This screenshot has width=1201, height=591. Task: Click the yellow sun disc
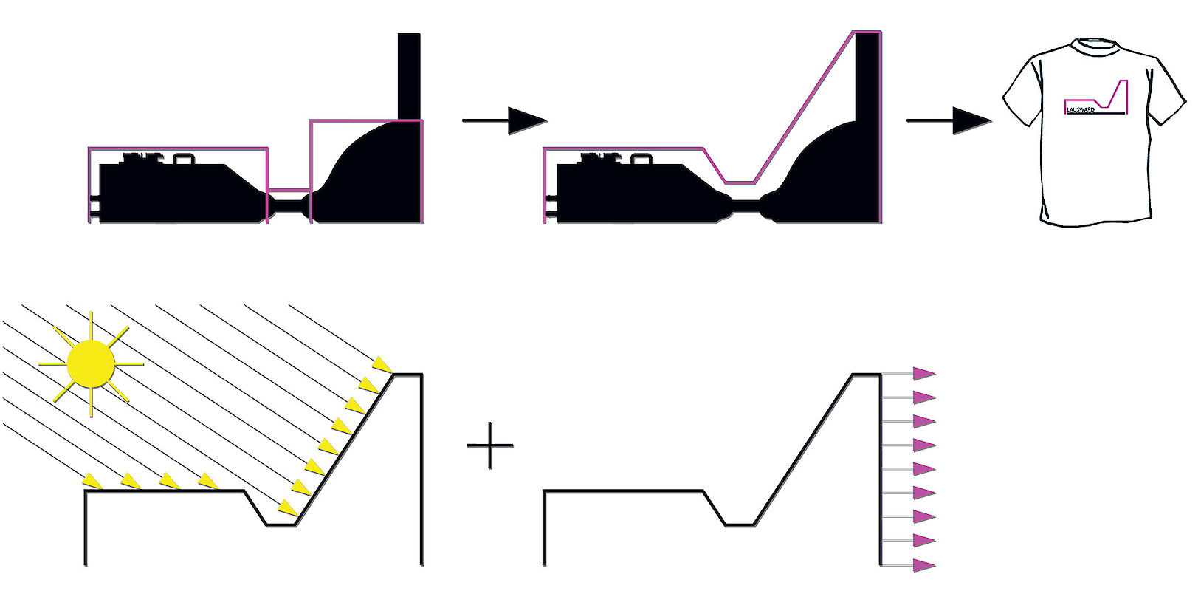pos(91,363)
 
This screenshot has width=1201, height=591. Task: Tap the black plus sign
pos(490,445)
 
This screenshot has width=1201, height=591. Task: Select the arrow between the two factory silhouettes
pos(504,120)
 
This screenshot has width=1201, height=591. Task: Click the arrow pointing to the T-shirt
pos(949,120)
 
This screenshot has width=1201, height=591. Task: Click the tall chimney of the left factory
pos(409,76)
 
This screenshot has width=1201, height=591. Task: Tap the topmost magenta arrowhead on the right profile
pos(924,374)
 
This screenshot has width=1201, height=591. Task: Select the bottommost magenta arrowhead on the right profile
pos(924,564)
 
